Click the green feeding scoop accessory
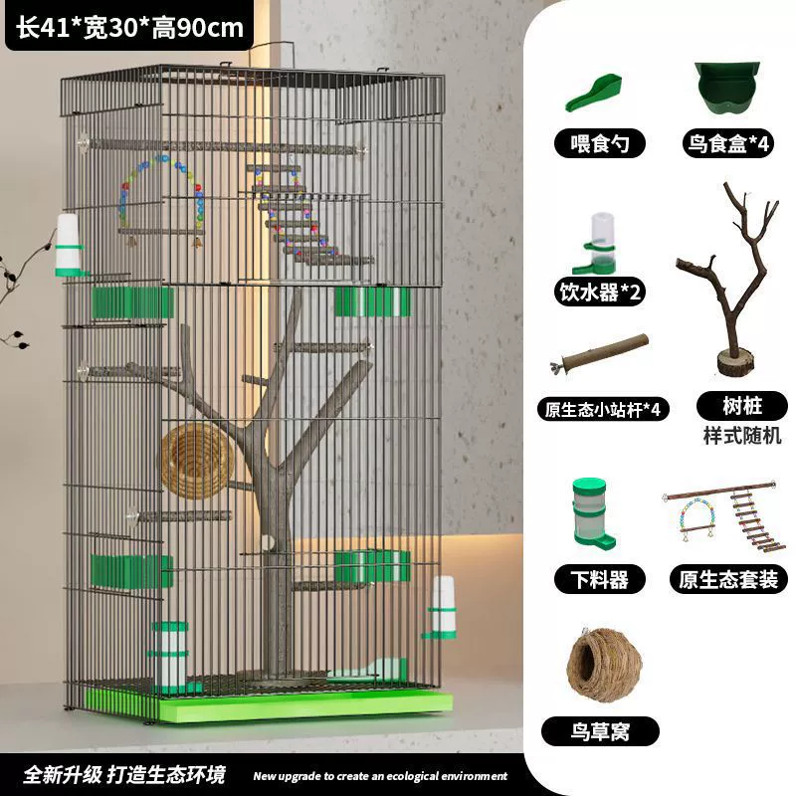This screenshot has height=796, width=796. (594, 94)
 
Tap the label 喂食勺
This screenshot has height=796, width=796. (600, 143)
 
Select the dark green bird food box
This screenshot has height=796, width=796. (727, 88)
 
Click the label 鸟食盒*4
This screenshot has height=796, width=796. (728, 143)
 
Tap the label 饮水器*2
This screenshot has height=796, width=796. (600, 292)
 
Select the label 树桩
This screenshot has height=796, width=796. (741, 406)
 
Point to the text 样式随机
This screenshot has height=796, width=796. (741, 436)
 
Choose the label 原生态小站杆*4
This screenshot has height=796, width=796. (603, 409)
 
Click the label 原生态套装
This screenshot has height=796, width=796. (728, 579)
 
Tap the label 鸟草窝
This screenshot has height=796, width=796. (600, 731)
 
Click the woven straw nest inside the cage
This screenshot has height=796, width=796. (197, 461)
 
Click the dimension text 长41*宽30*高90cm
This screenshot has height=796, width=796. (130, 28)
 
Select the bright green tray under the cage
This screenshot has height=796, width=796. (304, 705)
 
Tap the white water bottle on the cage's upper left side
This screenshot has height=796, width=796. (69, 246)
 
